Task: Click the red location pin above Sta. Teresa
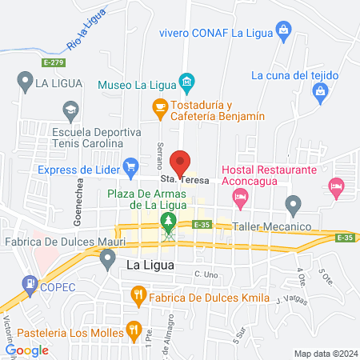(182, 162)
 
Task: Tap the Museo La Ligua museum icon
(186, 82)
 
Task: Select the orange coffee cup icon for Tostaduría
(159, 106)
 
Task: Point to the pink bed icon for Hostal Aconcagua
(335, 186)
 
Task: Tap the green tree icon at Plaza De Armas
(168, 219)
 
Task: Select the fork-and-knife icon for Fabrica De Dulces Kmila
(138, 296)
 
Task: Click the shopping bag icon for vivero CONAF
(282, 31)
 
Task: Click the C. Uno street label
(206, 274)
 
